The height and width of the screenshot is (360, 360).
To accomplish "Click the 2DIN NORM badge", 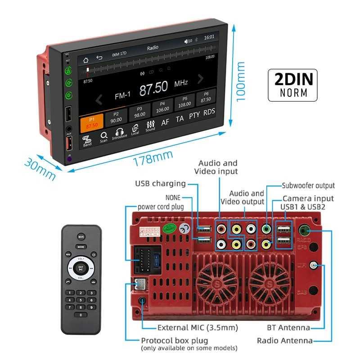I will click(292, 85).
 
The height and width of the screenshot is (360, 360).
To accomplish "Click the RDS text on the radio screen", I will click(209, 112).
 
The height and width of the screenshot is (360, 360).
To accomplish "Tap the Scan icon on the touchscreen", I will click(103, 137).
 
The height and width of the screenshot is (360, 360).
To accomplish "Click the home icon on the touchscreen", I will click(86, 59).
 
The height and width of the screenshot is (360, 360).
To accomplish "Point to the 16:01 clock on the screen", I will click(209, 37).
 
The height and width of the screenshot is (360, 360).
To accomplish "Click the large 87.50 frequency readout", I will click(153, 88).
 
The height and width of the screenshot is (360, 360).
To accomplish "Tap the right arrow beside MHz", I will click(201, 79).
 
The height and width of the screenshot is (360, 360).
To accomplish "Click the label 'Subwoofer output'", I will click(308, 185).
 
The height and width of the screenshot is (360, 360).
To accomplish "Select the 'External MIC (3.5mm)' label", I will click(198, 328).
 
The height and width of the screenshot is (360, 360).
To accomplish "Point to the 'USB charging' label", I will click(160, 183).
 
